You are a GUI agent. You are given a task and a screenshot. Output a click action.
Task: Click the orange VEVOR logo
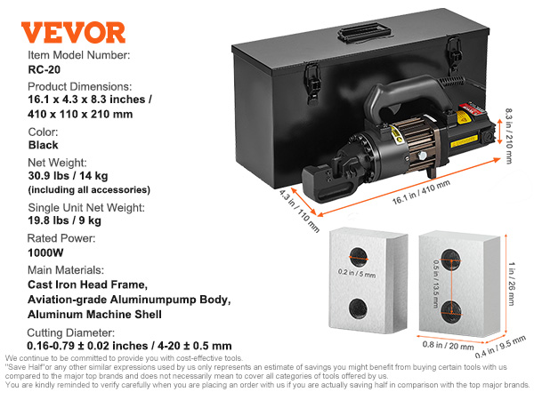pos(73,32)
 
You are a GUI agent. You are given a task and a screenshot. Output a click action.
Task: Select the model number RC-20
pos(44,69)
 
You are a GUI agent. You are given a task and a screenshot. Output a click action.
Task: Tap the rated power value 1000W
pos(45,252)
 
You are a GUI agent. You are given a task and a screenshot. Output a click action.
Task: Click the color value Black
pos(44,145)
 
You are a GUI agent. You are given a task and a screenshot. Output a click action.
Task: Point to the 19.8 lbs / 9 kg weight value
pos(65,220)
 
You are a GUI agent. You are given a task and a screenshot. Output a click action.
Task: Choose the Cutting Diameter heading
pos(71,332)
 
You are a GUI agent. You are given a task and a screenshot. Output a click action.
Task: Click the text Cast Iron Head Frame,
pos(88,284)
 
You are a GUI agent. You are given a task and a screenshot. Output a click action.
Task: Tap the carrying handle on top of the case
pos(364,32)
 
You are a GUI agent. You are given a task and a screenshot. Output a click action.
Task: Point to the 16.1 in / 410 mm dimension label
pos(421,192)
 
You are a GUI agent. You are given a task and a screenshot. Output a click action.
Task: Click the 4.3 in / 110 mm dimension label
pos(299,212)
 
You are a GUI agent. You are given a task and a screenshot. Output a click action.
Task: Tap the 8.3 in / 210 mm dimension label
pos(508,136)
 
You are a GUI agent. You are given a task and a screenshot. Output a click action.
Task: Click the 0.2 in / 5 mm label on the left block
pos(357,273)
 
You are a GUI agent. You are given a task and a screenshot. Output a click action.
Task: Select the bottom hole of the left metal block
pos(358,308)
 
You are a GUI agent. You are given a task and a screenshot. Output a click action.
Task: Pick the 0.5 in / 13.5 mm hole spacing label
pos(435,284)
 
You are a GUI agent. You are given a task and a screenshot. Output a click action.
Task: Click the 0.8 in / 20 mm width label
pos(449,346)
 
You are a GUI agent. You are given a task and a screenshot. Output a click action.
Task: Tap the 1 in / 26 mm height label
pos(512,284)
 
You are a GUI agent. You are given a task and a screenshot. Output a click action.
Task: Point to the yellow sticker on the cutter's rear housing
pos(464,141)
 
